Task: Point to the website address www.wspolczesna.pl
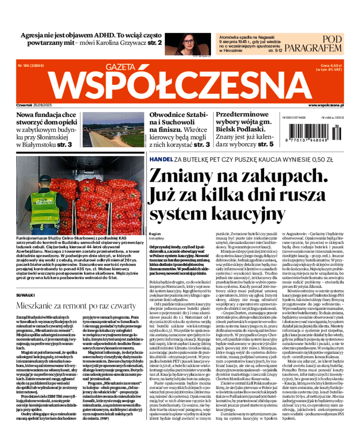(326, 105)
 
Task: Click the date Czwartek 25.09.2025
(34, 105)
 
